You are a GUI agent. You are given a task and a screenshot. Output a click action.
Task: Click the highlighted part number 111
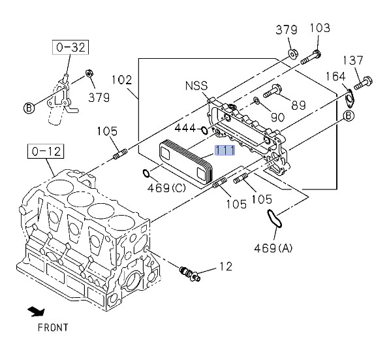[225, 150]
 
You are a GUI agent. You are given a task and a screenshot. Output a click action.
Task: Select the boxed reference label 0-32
[70, 47]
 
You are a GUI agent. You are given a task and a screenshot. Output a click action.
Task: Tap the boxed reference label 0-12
[46, 151]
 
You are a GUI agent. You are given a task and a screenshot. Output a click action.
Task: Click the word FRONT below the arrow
[53, 327]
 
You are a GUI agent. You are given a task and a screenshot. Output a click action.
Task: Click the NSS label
[196, 86]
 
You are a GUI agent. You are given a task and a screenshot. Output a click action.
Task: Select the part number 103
[320, 28]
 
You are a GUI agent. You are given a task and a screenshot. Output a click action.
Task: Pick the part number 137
[353, 60]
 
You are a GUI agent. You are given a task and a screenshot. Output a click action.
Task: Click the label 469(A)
[273, 248]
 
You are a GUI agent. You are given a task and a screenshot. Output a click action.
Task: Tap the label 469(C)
[166, 188]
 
